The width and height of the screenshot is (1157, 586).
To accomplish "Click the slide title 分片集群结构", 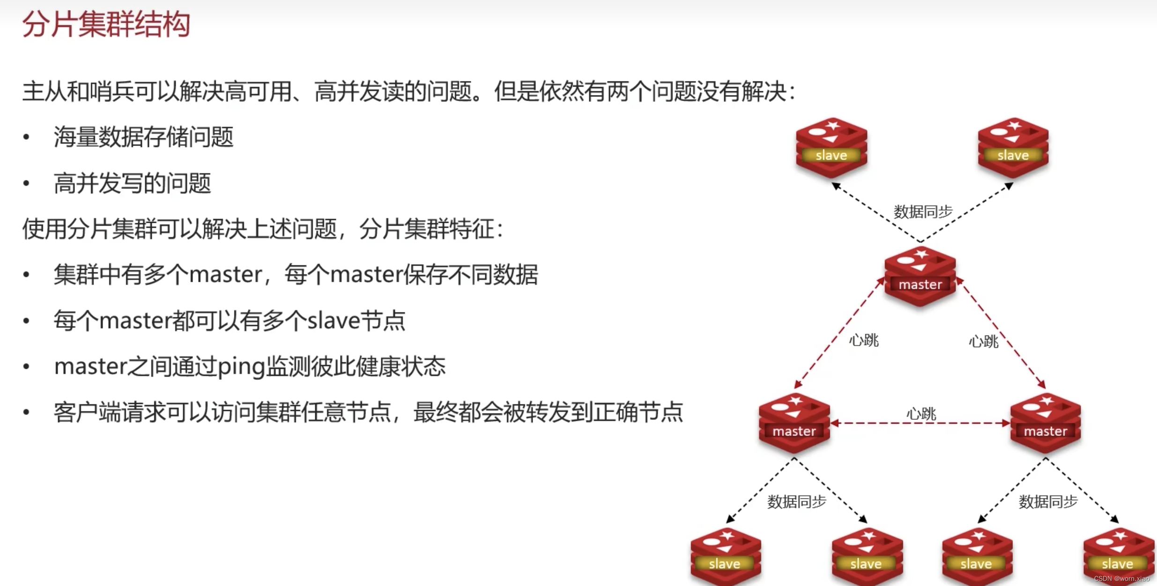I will [x=106, y=24].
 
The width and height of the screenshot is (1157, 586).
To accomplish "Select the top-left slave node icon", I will [x=831, y=147].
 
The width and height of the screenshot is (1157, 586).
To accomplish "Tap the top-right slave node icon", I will [x=1013, y=147].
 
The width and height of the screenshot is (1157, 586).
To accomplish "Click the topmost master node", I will [x=920, y=276].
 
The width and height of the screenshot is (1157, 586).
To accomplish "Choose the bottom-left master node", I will [x=794, y=423].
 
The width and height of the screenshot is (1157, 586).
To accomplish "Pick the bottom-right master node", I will [x=1046, y=423].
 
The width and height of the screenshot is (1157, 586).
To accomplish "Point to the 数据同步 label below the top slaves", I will [x=923, y=212].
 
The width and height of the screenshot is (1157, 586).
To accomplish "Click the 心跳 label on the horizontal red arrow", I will [x=921, y=413].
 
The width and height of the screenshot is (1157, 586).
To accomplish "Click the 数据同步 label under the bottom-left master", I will [x=796, y=502].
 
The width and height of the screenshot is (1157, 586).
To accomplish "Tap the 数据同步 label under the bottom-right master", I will [x=1048, y=502].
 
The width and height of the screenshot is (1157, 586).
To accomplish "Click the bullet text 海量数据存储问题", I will [x=143, y=137].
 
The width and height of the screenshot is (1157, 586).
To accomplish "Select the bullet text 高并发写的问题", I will [x=133, y=183].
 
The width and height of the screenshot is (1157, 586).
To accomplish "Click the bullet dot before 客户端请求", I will [x=26, y=412].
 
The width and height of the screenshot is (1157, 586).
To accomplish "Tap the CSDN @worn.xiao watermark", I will [x=1121, y=579].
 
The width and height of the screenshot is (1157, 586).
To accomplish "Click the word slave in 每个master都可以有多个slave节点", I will [x=334, y=321].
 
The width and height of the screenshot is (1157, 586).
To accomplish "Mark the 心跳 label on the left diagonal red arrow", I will [x=864, y=340].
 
